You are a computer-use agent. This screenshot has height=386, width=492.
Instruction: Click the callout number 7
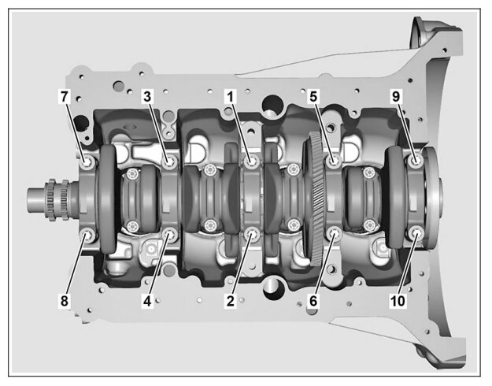coord(64,97)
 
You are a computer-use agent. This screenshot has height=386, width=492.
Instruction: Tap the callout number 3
coord(147,97)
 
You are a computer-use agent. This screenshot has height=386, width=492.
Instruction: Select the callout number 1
coord(231,97)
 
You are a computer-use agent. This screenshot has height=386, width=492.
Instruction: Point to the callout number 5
coord(313,97)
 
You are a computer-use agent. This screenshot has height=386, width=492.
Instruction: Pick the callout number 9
coord(396,97)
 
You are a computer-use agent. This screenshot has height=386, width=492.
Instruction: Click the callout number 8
coord(64,301)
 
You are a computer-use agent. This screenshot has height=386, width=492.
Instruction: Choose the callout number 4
coord(147,301)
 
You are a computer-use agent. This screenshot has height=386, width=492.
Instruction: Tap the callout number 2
coord(231,301)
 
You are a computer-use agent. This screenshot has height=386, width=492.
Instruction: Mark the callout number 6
coord(313,301)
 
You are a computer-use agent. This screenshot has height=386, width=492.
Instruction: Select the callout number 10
coord(398,301)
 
